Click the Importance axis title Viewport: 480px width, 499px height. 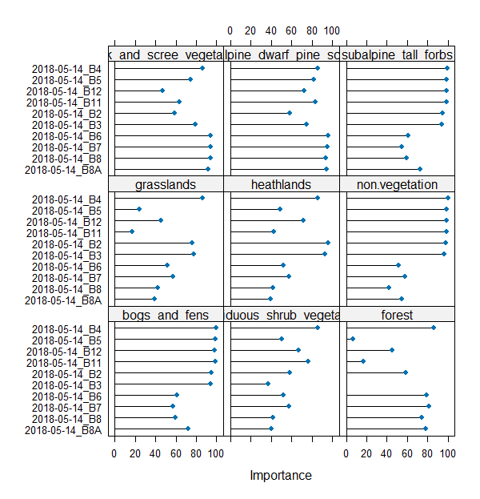click(x=280, y=475)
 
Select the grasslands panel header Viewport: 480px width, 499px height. click(x=166, y=185)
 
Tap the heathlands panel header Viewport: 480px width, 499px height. click(x=281, y=185)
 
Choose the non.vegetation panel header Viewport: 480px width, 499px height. click(x=397, y=185)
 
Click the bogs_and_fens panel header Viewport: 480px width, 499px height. click(x=166, y=315)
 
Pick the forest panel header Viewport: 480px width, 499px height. click(x=397, y=315)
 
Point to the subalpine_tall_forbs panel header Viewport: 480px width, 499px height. click(x=397, y=55)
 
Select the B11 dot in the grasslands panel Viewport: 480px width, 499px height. click(x=132, y=231)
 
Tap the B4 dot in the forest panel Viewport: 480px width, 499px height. click(x=434, y=328)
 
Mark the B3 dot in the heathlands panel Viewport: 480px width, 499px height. click(x=325, y=254)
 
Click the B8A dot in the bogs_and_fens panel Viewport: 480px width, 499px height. click(x=188, y=429)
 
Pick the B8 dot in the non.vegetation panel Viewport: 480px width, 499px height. click(x=389, y=288)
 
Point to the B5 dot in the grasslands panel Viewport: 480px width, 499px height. click(x=139, y=209)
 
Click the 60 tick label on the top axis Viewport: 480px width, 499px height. click(x=291, y=30)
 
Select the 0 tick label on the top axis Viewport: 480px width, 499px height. click(x=230, y=30)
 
